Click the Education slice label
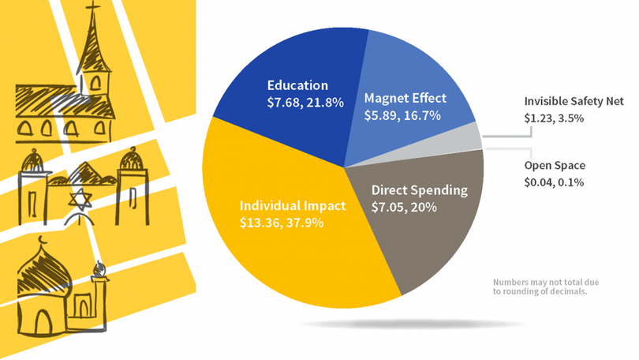(297, 85)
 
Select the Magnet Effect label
(405, 99)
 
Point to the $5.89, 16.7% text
(402, 115)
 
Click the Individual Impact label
(292, 206)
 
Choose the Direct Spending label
(419, 190)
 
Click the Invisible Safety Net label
(574, 102)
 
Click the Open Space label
(554, 167)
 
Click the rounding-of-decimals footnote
(540, 287)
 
